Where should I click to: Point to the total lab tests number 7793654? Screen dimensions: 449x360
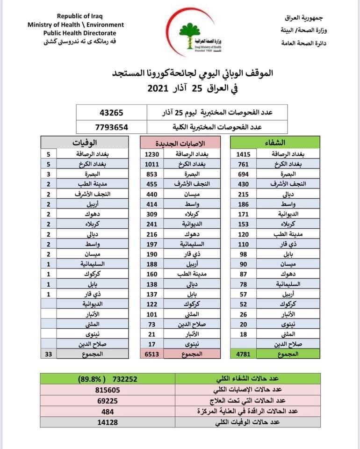coord(111,126)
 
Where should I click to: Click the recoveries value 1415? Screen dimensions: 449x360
coord(244,153)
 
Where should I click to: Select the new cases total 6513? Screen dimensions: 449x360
coord(152,355)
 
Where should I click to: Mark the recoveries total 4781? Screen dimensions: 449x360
coord(244,355)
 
